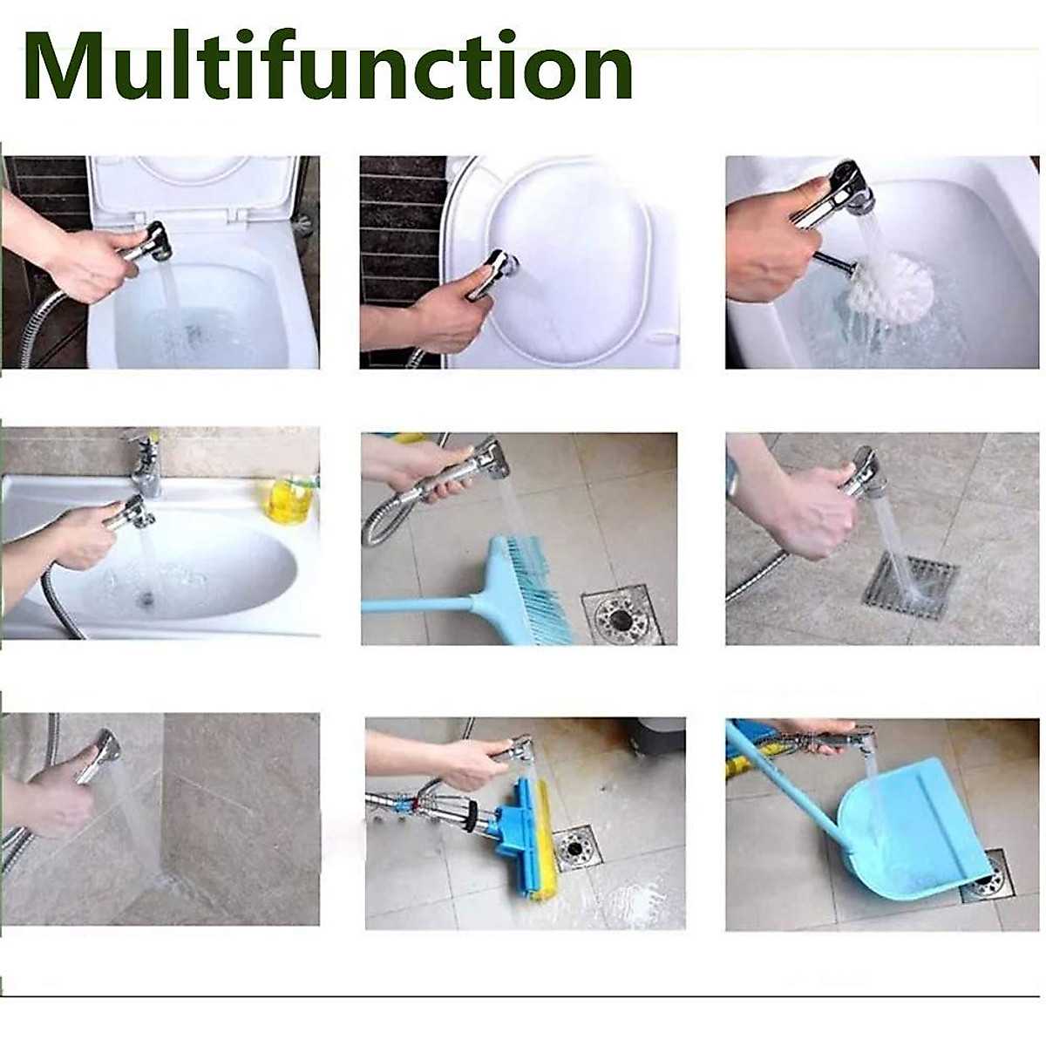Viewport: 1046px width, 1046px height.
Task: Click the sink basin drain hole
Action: pos(147,598)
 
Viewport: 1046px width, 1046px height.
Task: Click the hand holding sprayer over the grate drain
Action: pos(806,510)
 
